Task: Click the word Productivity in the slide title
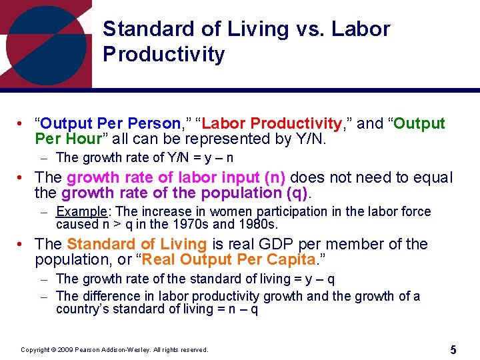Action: tap(164, 54)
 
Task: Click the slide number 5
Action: tap(453, 349)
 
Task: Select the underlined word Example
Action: tap(79, 211)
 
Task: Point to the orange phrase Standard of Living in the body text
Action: tap(137, 244)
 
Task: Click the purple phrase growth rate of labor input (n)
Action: tap(176, 177)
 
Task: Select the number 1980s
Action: tap(247, 224)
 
